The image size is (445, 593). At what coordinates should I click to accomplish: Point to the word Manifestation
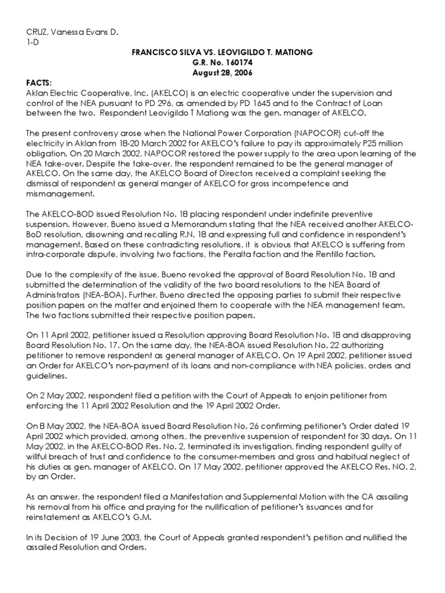209,496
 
